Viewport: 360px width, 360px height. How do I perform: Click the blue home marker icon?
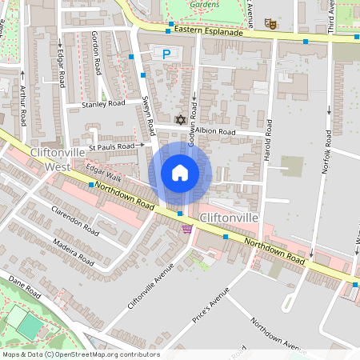180,173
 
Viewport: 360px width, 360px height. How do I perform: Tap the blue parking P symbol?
166,54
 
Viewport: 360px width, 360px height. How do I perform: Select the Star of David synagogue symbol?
180,120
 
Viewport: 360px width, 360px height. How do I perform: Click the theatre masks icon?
270,25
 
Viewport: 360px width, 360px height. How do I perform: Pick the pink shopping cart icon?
187,230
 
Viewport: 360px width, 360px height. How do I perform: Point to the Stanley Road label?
104,104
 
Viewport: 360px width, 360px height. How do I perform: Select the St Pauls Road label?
112,147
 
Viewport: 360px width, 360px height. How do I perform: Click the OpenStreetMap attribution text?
80,354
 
